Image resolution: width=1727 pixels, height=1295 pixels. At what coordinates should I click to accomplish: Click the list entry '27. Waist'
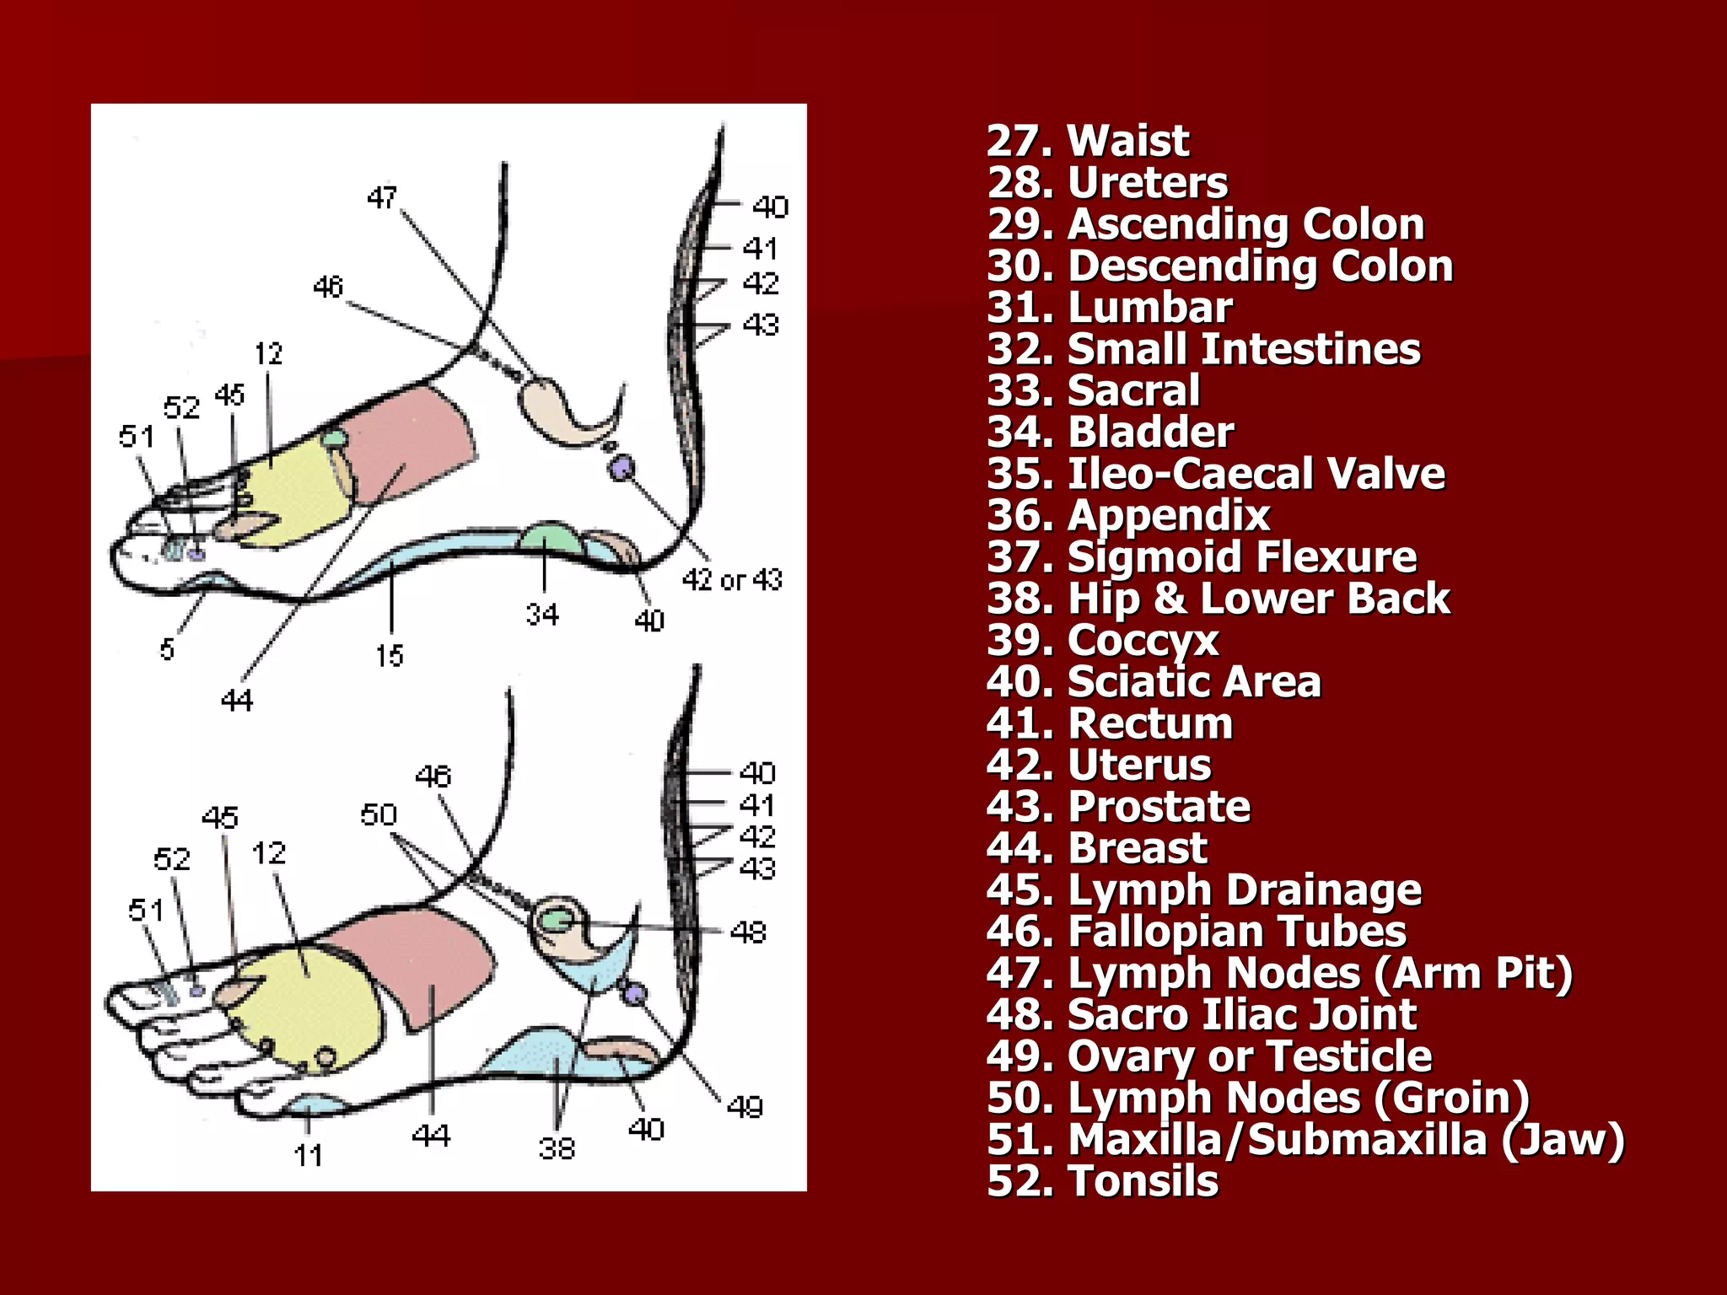(x=1087, y=141)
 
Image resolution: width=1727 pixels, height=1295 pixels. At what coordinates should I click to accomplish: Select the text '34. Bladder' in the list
(x=1110, y=433)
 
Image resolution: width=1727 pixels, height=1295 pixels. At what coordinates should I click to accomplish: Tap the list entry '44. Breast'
(x=1096, y=848)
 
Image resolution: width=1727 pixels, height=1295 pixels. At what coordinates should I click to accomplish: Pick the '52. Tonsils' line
(x=1102, y=1181)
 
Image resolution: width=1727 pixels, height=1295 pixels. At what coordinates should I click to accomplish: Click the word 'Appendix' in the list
(x=1169, y=515)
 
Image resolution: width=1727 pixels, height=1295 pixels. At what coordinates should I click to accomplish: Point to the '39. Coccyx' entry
(x=1102, y=641)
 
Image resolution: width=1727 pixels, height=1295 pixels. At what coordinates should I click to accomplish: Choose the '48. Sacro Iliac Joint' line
(x=1202, y=1014)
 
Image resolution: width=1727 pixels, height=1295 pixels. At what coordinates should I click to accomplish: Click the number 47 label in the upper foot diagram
(x=382, y=198)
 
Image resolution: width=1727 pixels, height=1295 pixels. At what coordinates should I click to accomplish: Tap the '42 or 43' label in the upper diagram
(x=732, y=580)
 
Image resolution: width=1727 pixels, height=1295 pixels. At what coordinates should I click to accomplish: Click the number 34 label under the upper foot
(x=542, y=615)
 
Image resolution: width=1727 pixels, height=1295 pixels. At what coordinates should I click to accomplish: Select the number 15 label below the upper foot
(x=390, y=656)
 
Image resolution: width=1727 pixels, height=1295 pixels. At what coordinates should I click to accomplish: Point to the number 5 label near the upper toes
(x=167, y=649)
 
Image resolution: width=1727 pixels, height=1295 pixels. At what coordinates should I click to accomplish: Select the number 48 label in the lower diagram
(x=748, y=932)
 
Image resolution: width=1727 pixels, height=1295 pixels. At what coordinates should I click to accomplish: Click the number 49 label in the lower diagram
(x=745, y=1106)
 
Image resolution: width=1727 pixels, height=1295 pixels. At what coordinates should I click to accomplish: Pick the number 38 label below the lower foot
(x=557, y=1148)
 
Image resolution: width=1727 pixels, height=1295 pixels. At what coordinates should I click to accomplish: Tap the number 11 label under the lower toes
(x=309, y=1155)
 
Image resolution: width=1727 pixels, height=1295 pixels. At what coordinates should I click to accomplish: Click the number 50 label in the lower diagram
(x=379, y=814)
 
